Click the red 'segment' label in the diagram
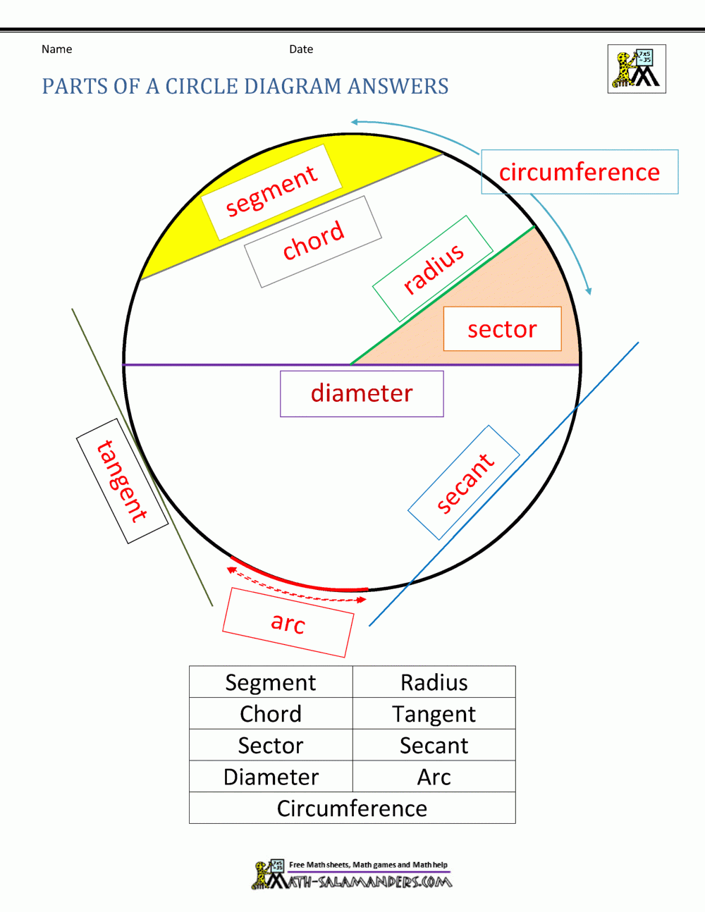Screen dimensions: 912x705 click(271, 191)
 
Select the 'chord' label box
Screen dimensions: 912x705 click(313, 241)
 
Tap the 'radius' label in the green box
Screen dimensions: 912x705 click(433, 269)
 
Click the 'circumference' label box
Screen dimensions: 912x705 click(580, 172)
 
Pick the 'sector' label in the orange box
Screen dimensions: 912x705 click(502, 329)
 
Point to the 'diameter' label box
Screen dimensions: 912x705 click(362, 393)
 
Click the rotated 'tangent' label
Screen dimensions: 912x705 click(122, 481)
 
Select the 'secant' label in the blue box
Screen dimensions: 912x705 click(465, 483)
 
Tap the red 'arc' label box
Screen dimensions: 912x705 click(288, 622)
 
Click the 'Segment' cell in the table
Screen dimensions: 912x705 click(271, 682)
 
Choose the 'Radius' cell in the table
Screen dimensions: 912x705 click(434, 682)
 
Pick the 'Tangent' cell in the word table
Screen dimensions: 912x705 click(434, 714)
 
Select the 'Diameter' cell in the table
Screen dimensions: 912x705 click(271, 777)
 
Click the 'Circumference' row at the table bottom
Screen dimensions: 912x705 click(352, 808)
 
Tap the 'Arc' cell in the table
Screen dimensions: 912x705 click(434, 777)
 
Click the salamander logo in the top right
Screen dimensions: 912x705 click(637, 69)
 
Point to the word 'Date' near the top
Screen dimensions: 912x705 click(301, 49)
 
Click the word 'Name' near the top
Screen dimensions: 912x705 click(56, 49)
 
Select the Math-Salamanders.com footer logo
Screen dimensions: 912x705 click(352, 875)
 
